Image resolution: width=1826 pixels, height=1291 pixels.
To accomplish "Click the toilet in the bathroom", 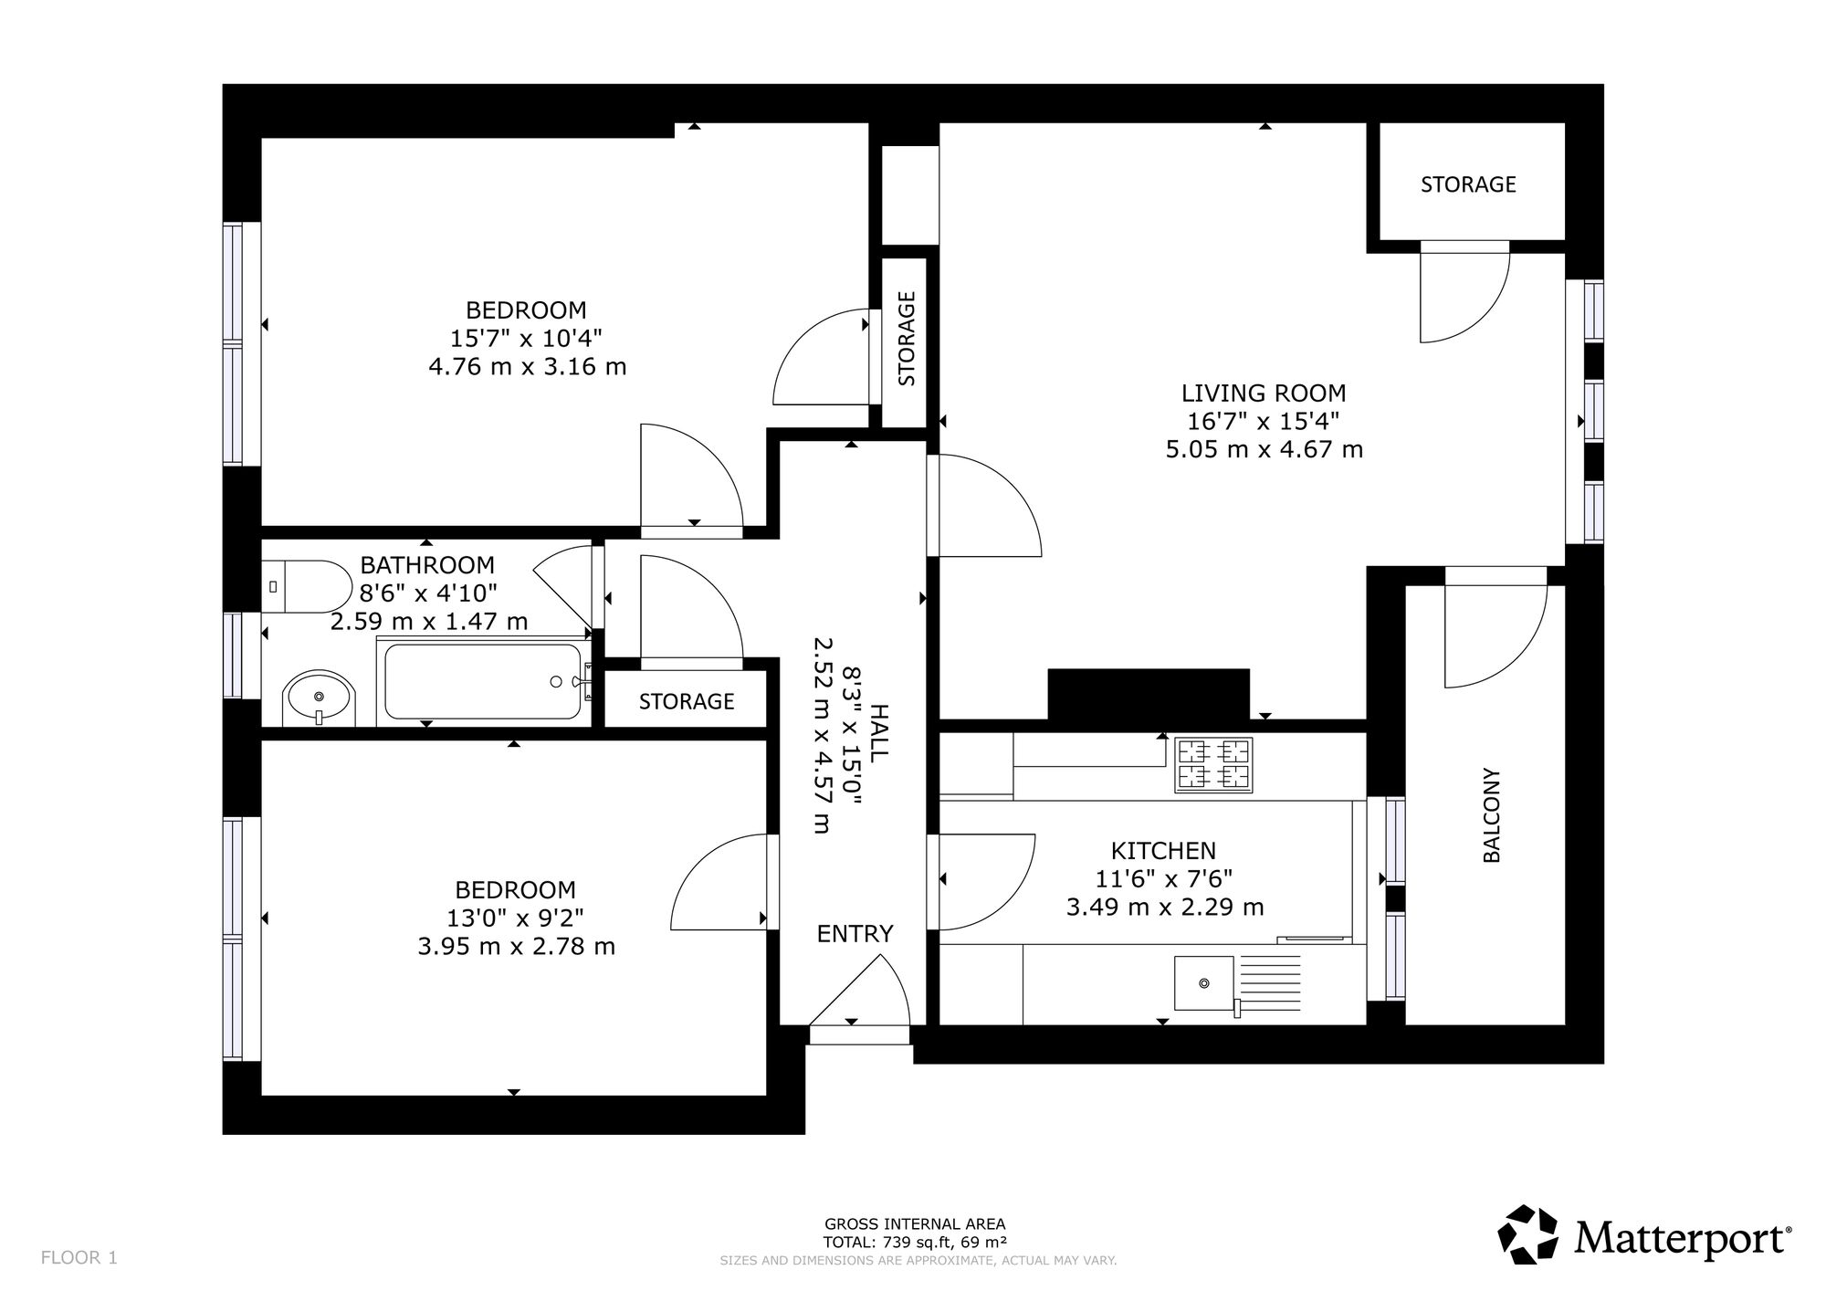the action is click(308, 586).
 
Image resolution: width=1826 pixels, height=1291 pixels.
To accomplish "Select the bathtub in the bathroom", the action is click(482, 681).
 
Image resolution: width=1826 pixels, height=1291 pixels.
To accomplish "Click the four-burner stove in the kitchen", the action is click(1214, 764).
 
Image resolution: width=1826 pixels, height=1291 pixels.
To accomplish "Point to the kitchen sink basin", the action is click(1203, 982).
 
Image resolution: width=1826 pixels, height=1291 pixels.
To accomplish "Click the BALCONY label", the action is click(1491, 815).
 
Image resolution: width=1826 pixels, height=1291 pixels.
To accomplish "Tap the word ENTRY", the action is click(855, 933).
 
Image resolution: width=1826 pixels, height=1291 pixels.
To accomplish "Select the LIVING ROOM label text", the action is click(1264, 394).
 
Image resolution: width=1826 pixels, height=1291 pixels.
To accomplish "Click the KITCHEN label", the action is click(1163, 851).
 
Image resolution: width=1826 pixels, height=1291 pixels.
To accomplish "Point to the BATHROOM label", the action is click(427, 565).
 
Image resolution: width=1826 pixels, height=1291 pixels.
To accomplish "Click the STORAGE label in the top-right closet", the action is click(1468, 184).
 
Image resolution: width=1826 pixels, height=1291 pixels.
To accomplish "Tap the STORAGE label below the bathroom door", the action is click(687, 701).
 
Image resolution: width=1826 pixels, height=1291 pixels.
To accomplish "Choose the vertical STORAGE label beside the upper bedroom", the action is click(907, 339).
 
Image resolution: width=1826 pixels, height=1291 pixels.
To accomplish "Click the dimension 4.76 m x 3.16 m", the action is click(528, 367).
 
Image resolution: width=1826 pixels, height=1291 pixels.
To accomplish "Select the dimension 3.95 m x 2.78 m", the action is click(517, 947).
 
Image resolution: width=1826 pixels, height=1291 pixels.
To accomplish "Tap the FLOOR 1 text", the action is click(79, 1257).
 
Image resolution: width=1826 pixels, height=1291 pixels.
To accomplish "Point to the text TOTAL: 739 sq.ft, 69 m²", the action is click(915, 1242).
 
